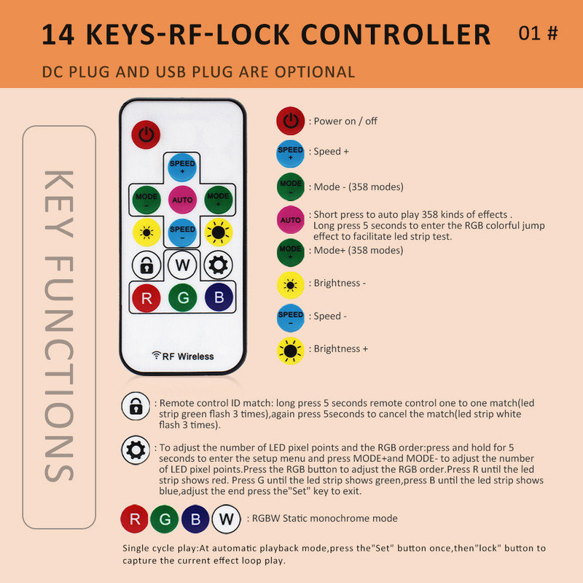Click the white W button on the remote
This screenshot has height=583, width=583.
pyautogui.click(x=182, y=262)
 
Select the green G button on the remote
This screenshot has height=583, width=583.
pyautogui.click(x=182, y=297)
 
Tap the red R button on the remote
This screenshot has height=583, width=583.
pyautogui.click(x=146, y=297)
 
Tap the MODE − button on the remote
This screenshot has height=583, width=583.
pyautogui.click(x=146, y=198)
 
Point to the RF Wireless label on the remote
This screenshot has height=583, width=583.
pyautogui.click(x=183, y=356)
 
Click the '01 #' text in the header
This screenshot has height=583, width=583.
pyautogui.click(x=538, y=34)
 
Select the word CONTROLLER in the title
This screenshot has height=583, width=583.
pyautogui.click(x=395, y=34)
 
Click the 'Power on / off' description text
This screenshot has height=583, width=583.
pyautogui.click(x=345, y=121)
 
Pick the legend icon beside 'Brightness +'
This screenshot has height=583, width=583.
pyautogui.click(x=291, y=350)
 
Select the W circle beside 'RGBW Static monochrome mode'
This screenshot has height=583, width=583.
pyautogui.click(x=226, y=519)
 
